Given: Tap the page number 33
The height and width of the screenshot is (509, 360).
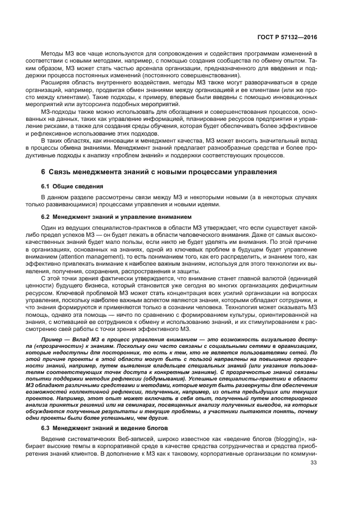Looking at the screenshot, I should click(313, 463).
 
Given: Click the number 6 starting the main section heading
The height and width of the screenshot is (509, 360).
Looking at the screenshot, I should click(44, 172).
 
